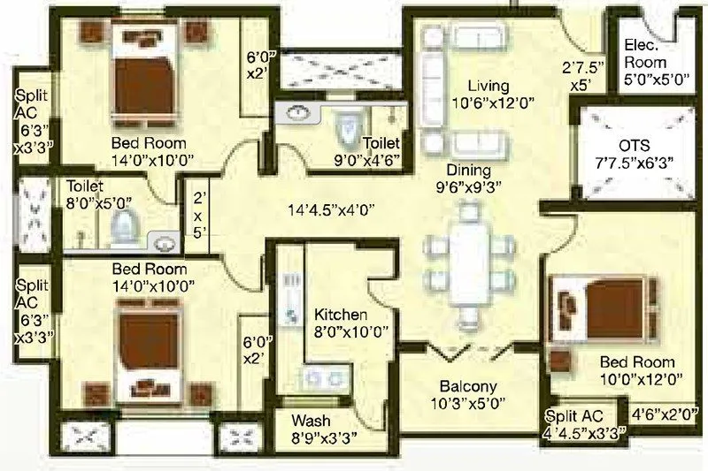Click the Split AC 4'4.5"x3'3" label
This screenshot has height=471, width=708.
585,423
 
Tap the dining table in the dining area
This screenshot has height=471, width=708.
469,262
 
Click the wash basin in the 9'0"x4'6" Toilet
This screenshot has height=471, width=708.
298,113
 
